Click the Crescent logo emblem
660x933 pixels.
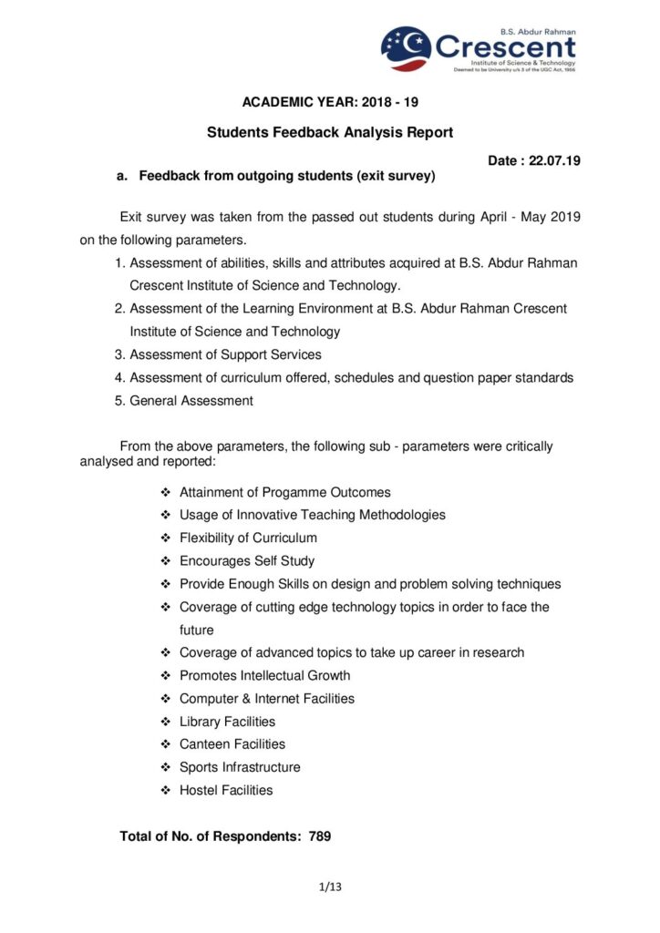pyautogui.click(x=406, y=49)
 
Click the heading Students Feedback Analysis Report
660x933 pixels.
pyautogui.click(x=330, y=132)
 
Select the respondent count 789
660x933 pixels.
pyautogui.click(x=320, y=836)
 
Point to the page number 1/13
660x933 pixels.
pyautogui.click(x=330, y=887)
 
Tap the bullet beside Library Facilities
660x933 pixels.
pyautogui.click(x=166, y=722)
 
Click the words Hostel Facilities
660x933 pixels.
pyautogui.click(x=226, y=790)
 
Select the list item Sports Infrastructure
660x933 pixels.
pyautogui.click(x=240, y=767)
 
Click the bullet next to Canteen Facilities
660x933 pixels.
pyautogui.click(x=166, y=744)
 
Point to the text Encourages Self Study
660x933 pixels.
pyautogui.click(x=247, y=561)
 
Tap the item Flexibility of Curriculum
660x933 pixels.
pyautogui.click(x=248, y=538)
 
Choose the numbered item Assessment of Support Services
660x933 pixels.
pyautogui.click(x=225, y=354)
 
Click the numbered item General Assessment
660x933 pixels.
pyautogui.click(x=191, y=400)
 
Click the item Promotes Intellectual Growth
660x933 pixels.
pyautogui.click(x=264, y=675)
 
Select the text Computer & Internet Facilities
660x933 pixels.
pyautogui.click(x=267, y=699)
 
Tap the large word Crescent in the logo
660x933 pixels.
pyautogui.click(x=505, y=46)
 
